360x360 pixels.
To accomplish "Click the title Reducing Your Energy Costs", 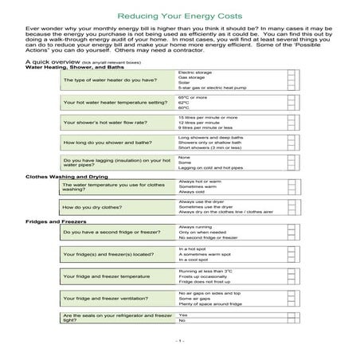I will coord(179,16).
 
